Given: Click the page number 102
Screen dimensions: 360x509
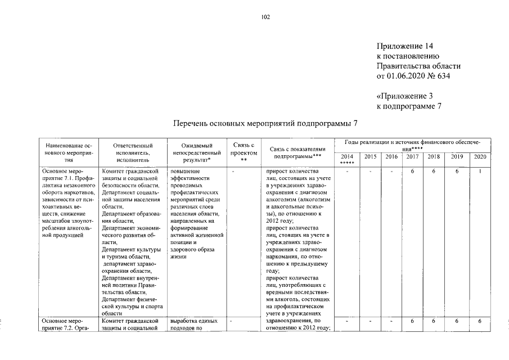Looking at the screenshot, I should (266, 17).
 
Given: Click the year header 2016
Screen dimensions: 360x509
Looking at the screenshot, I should (391, 156).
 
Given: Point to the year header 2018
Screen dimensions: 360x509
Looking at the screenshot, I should (434, 156).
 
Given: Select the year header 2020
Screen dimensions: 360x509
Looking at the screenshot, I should (480, 156).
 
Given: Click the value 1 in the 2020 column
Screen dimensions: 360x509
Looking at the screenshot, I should (480, 171).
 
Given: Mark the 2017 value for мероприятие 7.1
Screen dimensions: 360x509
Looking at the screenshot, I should (412, 171).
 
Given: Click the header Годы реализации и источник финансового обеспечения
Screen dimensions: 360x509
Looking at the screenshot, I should (412, 145).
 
